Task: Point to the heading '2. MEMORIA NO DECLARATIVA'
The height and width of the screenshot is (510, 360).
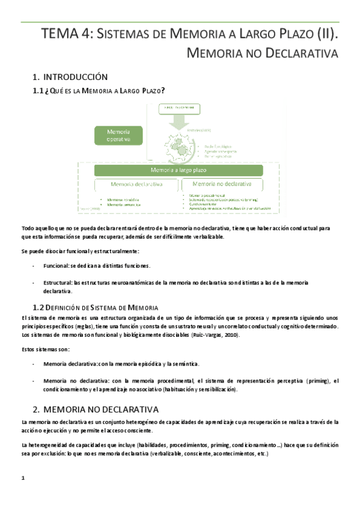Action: [95, 408]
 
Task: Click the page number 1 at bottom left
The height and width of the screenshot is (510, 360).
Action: [22, 478]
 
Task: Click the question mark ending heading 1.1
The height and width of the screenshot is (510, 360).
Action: [163, 90]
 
